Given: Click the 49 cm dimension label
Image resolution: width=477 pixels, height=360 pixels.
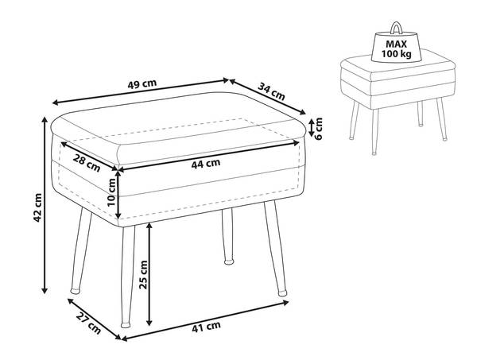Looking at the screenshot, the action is click(142, 83).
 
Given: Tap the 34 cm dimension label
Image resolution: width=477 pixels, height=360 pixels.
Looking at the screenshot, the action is click(271, 91).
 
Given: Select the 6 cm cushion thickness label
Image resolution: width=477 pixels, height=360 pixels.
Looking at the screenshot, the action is click(318, 128).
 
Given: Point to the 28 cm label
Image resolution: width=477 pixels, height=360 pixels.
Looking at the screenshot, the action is click(87, 163).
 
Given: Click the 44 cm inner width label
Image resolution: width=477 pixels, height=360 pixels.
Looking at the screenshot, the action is click(206, 164).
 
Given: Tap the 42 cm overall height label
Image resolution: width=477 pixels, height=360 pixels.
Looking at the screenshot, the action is click(37, 207).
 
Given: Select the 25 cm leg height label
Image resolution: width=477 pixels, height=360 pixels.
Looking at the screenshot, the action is click(143, 274).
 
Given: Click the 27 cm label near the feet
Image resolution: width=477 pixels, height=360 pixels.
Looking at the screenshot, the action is click(88, 323).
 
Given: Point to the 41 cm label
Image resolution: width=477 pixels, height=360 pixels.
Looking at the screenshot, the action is click(206, 327).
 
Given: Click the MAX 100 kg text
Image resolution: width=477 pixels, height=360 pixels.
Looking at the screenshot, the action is click(397, 49).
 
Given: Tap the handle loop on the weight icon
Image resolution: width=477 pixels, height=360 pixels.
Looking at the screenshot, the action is click(397, 28).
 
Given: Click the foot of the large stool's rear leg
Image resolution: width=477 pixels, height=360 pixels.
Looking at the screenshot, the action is click(229, 261).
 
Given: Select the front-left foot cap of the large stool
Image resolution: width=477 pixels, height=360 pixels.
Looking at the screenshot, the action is click(126, 325).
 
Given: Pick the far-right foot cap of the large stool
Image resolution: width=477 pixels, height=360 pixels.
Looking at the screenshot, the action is click(282, 293).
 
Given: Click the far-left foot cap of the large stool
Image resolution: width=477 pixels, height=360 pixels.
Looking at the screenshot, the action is click(75, 291).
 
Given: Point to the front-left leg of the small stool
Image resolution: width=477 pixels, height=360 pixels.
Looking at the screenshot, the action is click(374, 132).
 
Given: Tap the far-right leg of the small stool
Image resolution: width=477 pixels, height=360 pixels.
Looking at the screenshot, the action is click(442, 119).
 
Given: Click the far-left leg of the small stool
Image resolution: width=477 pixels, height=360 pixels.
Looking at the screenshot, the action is click(354, 121).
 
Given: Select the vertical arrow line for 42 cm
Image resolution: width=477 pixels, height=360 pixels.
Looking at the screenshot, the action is click(45, 206).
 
